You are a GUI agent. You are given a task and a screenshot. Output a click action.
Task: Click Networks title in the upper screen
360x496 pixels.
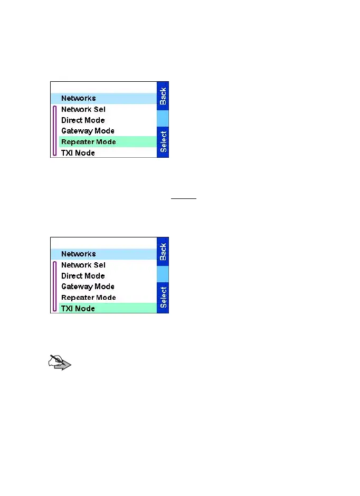79,98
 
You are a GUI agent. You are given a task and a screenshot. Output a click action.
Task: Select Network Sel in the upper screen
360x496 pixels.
83,109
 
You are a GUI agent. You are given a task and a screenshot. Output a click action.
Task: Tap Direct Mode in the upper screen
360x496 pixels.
83,120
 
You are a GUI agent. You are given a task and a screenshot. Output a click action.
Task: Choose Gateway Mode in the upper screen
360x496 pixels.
88,131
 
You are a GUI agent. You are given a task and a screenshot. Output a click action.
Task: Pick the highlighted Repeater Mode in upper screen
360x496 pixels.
88,142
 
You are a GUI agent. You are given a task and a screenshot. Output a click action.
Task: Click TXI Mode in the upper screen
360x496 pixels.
78,153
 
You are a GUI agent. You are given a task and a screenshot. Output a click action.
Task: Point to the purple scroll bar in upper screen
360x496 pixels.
55,131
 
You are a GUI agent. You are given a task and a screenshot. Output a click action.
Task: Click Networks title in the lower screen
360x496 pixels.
79,254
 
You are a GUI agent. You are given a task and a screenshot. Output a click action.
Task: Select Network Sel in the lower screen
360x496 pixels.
83,265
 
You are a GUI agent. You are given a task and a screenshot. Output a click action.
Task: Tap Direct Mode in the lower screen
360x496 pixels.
83,276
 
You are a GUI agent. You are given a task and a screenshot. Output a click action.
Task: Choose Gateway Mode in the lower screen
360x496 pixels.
88,287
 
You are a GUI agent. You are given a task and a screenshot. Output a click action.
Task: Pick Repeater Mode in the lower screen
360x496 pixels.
88,298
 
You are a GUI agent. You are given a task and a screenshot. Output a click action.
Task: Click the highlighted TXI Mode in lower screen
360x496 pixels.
78,309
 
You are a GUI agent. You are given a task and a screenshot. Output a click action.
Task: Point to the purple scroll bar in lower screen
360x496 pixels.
55,287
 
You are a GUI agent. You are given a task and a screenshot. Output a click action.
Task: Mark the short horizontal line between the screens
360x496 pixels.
184,199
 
